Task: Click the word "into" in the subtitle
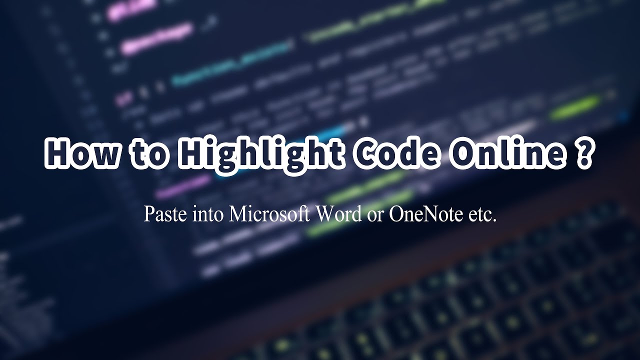205,215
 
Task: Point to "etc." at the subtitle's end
482,215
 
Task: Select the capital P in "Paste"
148,214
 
